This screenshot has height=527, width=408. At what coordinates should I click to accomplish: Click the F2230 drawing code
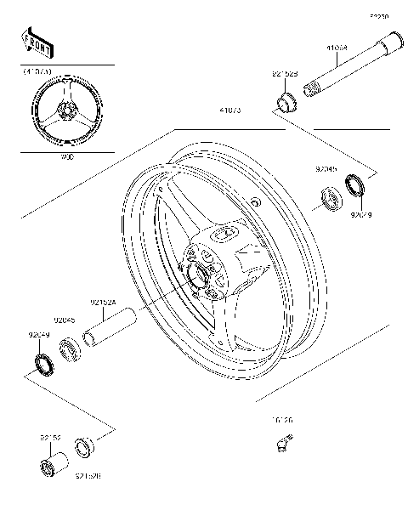378,16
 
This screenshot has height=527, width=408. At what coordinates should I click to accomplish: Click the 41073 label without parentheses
230,110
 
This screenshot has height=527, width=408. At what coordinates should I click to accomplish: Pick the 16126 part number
283,421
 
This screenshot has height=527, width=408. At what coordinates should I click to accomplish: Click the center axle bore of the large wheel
203,275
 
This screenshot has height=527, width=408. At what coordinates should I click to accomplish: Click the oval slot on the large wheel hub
227,232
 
